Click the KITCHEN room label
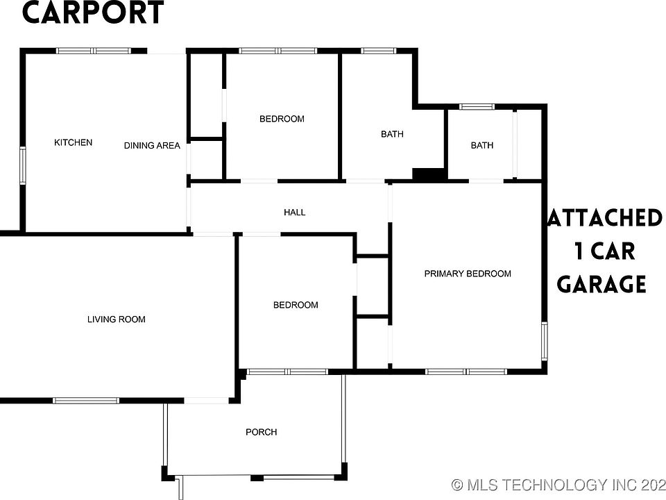[x=73, y=142]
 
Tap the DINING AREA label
[x=152, y=146]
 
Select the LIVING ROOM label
[x=117, y=319]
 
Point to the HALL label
[x=294, y=212]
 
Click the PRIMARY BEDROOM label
[x=468, y=274]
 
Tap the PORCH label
[x=262, y=432]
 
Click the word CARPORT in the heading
[x=93, y=14]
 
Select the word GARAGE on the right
[x=602, y=284]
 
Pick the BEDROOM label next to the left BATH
[x=282, y=119]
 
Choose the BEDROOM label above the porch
[x=296, y=305]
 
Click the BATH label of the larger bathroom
[x=392, y=134]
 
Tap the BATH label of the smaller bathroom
[x=482, y=145]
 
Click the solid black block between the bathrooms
[x=429, y=175]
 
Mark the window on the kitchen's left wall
[x=22, y=165]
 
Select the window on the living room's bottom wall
[x=87, y=400]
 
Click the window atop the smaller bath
[x=477, y=107]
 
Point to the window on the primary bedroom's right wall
[x=545, y=341]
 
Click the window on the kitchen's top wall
[x=93, y=51]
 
